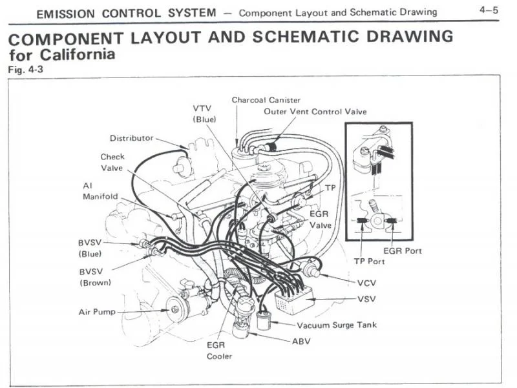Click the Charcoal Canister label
click(266, 100)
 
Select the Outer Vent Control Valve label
click(315, 112)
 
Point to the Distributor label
click(131, 138)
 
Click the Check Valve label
click(112, 162)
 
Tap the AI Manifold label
click(100, 190)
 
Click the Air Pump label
click(97, 312)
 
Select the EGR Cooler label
click(218, 351)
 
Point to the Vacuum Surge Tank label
click(336, 325)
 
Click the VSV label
click(366, 300)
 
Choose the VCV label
click(366, 283)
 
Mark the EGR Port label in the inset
click(402, 250)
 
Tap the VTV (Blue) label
click(204, 113)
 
